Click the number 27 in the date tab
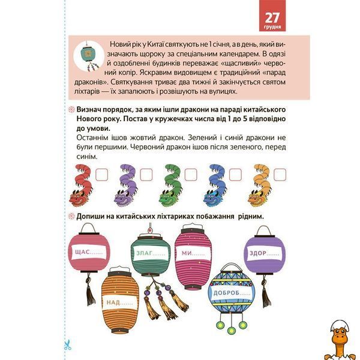tap(272, 18)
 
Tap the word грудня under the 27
tap(272, 28)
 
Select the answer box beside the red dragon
tap(101, 175)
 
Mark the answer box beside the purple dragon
tap(146, 175)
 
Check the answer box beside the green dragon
tap(191, 175)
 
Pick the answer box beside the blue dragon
tap(235, 175)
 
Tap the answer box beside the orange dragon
tap(280, 175)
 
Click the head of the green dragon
tap(169, 198)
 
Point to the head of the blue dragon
tap(214, 198)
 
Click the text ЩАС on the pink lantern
tap(82, 252)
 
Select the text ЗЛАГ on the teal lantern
tap(144, 253)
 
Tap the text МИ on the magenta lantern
tap(187, 253)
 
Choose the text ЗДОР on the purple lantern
tap(258, 253)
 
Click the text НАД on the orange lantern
tap(113, 302)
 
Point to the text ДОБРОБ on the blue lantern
tap(227, 293)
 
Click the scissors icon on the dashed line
tap(67, 345)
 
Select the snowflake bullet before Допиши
tap(72, 216)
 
